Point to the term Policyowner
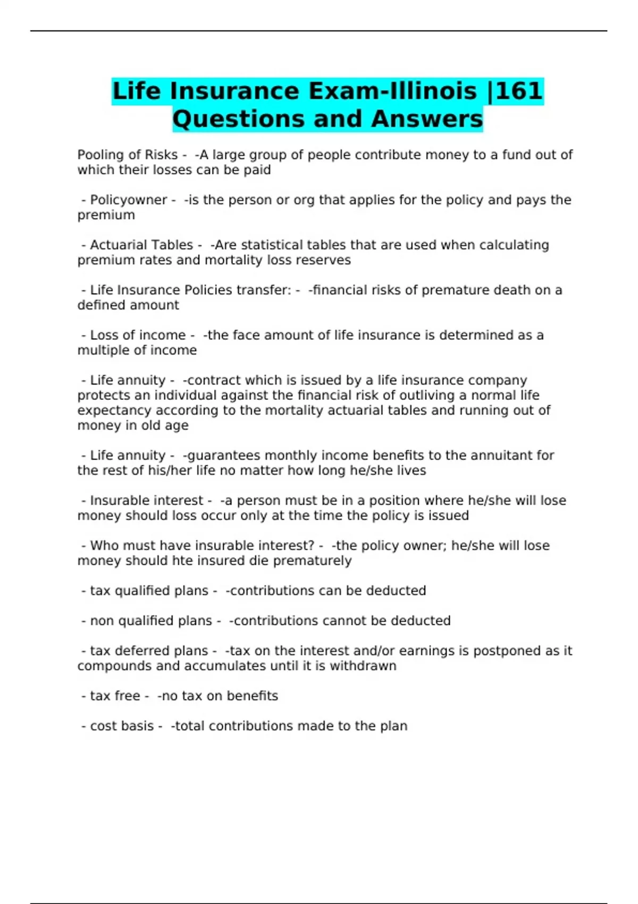(x=128, y=200)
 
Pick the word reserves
(x=325, y=260)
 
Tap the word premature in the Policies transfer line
(x=454, y=290)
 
